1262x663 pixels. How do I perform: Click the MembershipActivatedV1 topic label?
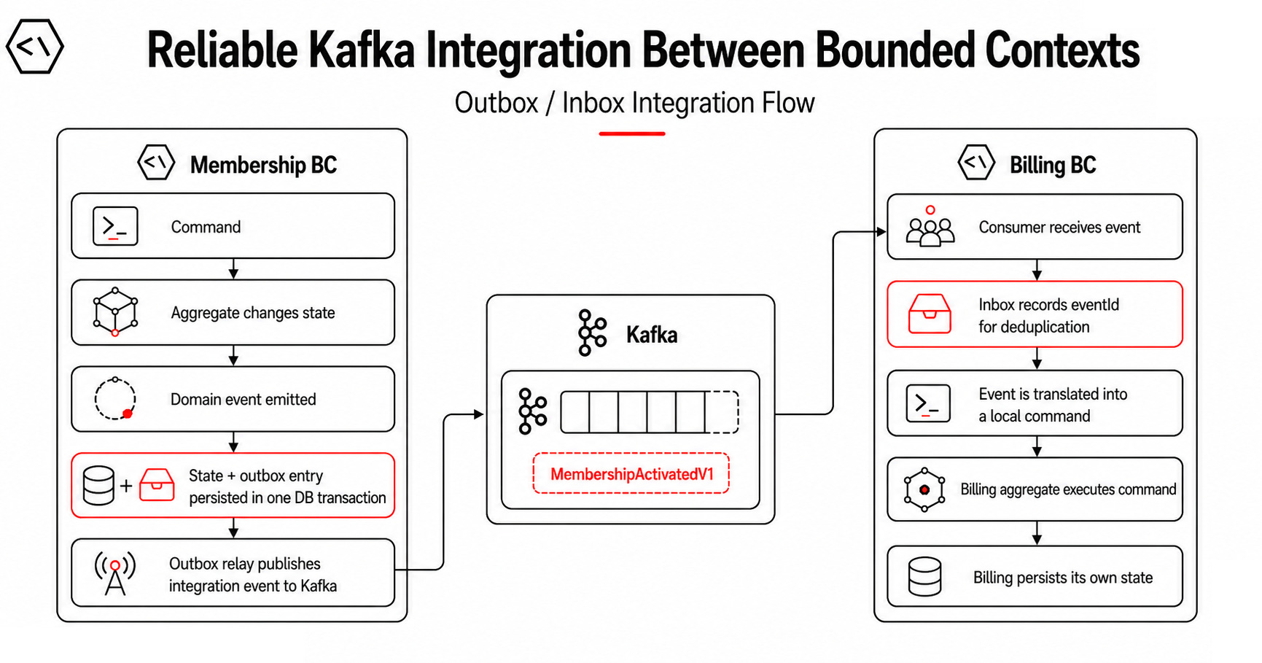click(x=631, y=474)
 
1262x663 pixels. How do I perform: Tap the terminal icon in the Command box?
click(x=115, y=226)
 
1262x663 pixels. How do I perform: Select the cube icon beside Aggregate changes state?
click(x=115, y=312)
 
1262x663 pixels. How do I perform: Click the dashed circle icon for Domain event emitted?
click(x=114, y=399)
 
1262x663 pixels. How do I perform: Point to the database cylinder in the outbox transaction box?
click(x=98, y=486)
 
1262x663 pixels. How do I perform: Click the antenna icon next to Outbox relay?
click(x=115, y=573)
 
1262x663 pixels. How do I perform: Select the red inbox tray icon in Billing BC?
click(x=930, y=314)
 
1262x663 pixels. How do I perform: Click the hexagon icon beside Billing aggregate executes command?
click(x=924, y=489)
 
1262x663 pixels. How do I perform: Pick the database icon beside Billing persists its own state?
click(x=924, y=577)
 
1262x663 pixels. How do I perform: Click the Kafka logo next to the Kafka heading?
click(x=592, y=333)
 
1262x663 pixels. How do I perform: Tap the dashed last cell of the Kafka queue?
click(x=722, y=412)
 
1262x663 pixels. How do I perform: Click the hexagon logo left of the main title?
click(x=34, y=47)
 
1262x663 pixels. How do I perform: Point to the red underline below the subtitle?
click(x=632, y=133)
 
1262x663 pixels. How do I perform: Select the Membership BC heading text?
click(x=263, y=165)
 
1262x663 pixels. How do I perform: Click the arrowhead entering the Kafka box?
click(x=479, y=414)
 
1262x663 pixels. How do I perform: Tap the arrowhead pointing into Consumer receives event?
click(x=881, y=232)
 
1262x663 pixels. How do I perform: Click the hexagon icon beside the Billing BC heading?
click(x=976, y=163)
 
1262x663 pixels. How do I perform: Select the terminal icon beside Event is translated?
click(x=928, y=403)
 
